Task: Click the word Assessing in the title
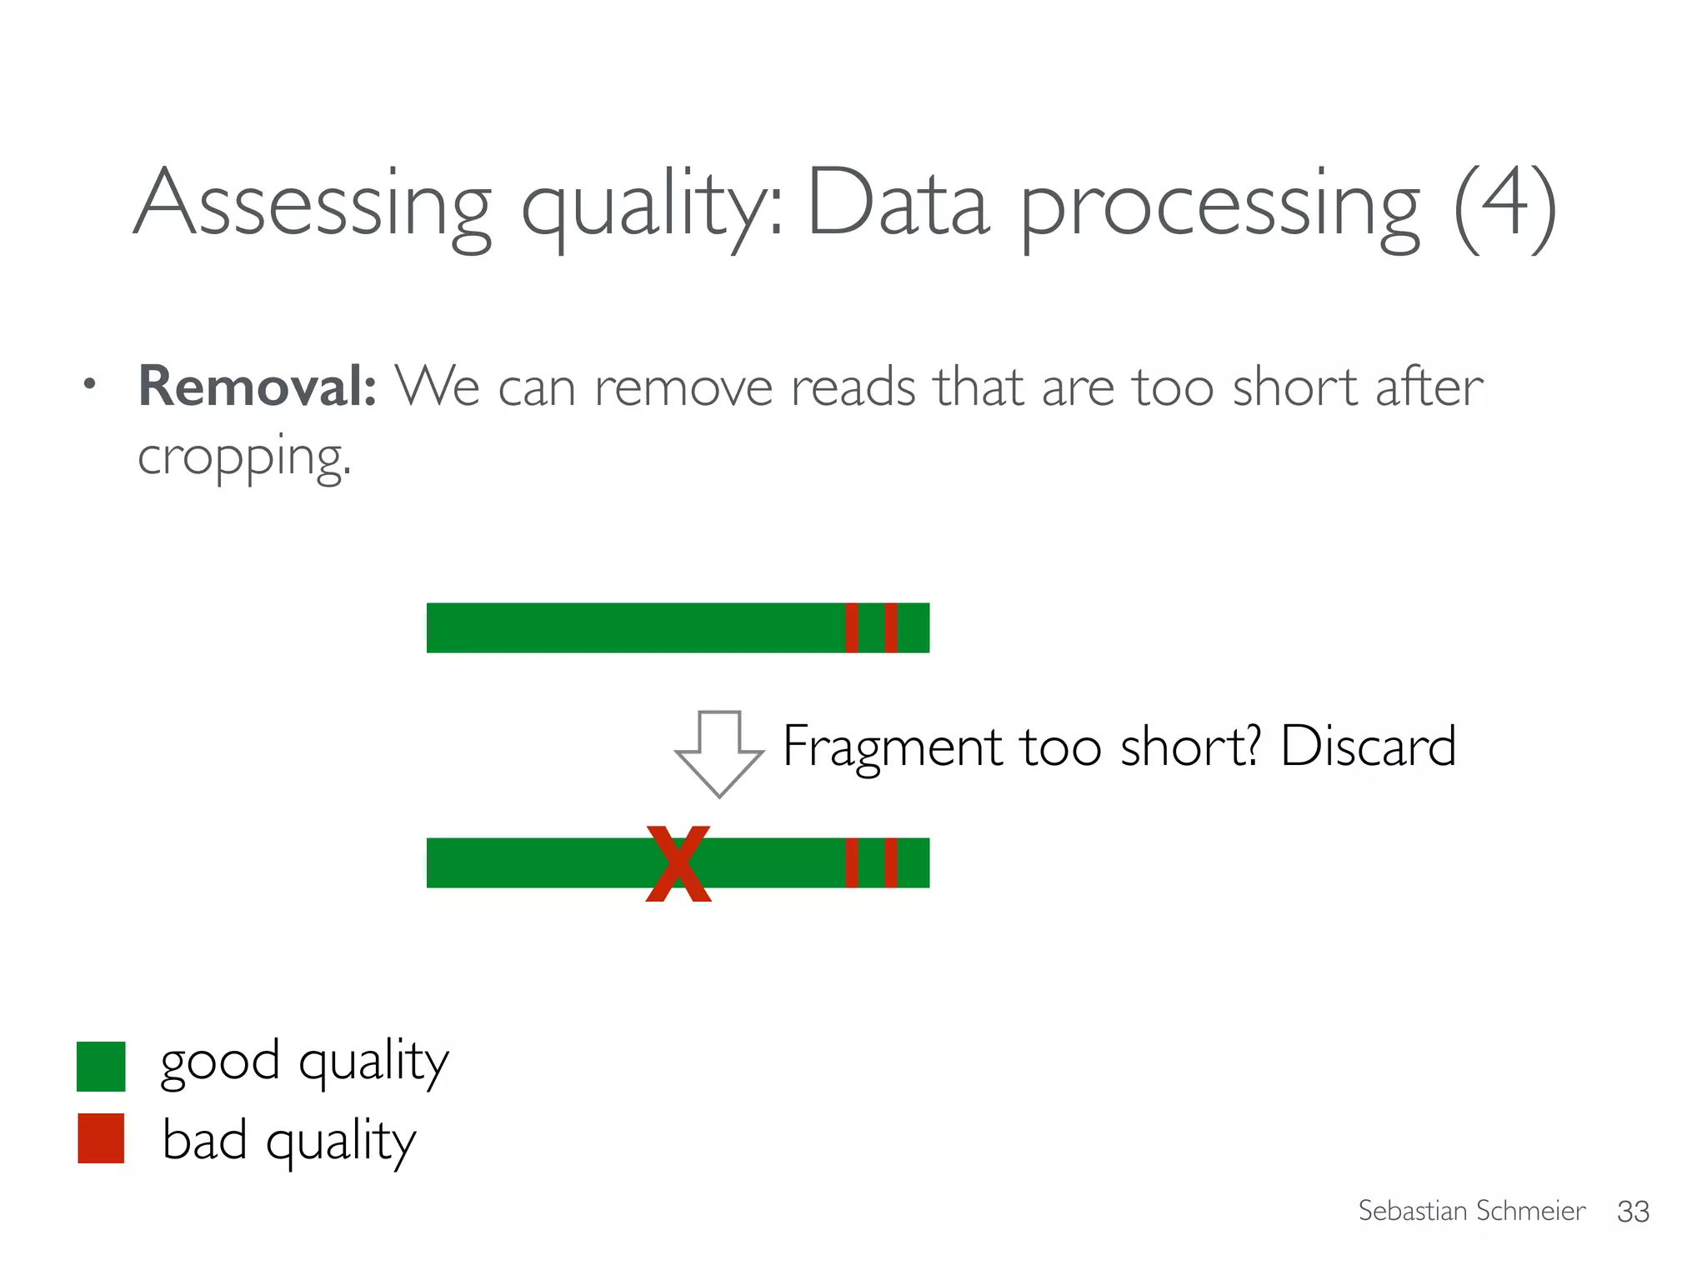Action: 313,204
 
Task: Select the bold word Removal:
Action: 257,387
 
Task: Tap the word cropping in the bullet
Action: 243,457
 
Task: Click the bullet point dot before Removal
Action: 90,385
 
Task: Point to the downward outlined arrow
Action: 719,752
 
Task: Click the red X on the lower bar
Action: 678,864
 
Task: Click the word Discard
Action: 1368,745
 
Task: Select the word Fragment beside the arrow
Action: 892,747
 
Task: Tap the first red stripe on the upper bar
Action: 851,627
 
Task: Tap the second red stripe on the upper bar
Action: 890,627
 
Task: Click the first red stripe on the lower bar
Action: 851,862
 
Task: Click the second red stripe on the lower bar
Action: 890,862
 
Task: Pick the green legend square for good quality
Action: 101,1066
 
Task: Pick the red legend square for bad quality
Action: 101,1137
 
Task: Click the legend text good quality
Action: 304,1062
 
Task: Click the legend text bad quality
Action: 288,1140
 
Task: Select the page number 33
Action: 1632,1211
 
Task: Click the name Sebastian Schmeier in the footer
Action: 1471,1210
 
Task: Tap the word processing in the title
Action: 1219,204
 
